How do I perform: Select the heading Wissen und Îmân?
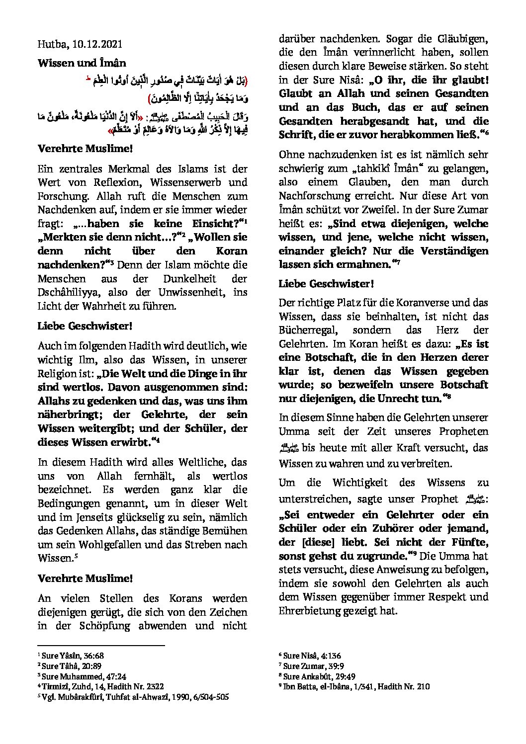point(82,63)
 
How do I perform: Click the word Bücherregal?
point(307,330)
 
